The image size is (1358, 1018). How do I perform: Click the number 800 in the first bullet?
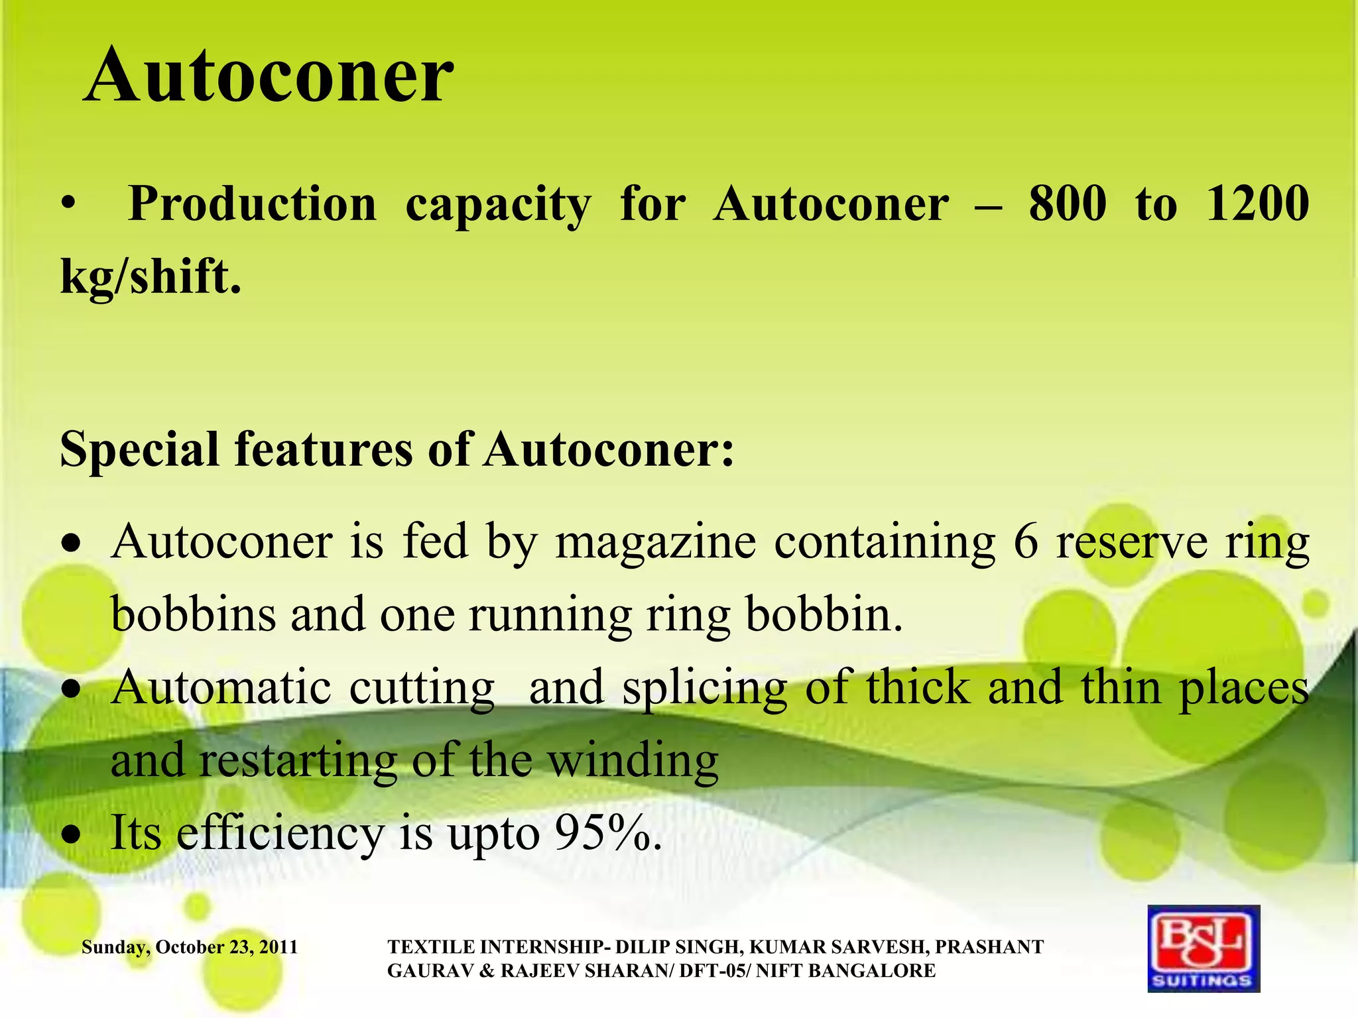point(1068,203)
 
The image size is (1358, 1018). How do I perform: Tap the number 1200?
point(1257,203)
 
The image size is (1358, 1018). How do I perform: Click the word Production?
point(252,203)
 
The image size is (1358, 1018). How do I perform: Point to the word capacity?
point(497,203)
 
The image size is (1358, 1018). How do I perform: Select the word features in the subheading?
point(323,450)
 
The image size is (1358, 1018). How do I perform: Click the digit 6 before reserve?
point(1025,542)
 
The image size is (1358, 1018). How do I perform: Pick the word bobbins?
point(193,614)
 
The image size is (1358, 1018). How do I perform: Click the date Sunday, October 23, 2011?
point(190,947)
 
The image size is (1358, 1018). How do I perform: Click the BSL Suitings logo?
point(1203,948)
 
